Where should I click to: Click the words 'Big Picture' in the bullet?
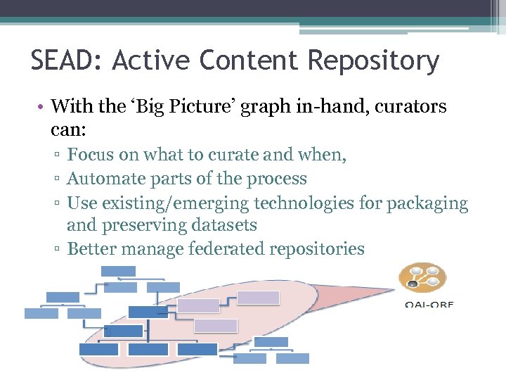pos(185,107)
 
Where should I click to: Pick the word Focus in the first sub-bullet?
pos(89,155)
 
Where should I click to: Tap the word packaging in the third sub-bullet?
pos(427,204)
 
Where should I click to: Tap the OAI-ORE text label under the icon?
pos(429,304)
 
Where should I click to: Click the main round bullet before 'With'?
pos(43,108)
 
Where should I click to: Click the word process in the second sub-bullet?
pos(278,179)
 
